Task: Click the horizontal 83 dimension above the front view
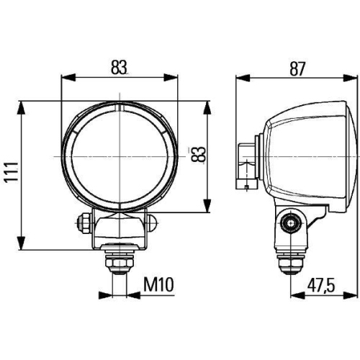120,67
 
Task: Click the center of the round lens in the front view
120,156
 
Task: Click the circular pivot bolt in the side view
290,223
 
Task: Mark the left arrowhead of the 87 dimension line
240,77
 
